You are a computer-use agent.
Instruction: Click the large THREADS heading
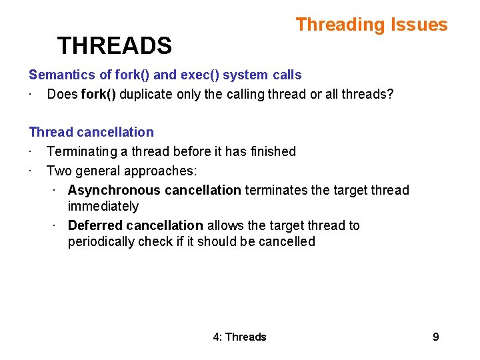click(114, 46)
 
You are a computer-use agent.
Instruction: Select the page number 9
click(435, 337)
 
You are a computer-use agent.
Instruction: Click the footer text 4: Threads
click(239, 337)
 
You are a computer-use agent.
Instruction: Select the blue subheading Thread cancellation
click(91, 132)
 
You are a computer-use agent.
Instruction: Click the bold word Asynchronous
click(114, 190)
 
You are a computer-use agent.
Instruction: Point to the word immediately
click(103, 206)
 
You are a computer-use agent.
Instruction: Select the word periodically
click(101, 241)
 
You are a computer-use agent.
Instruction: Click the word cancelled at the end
click(288, 241)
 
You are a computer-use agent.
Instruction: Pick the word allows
click(225, 225)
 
